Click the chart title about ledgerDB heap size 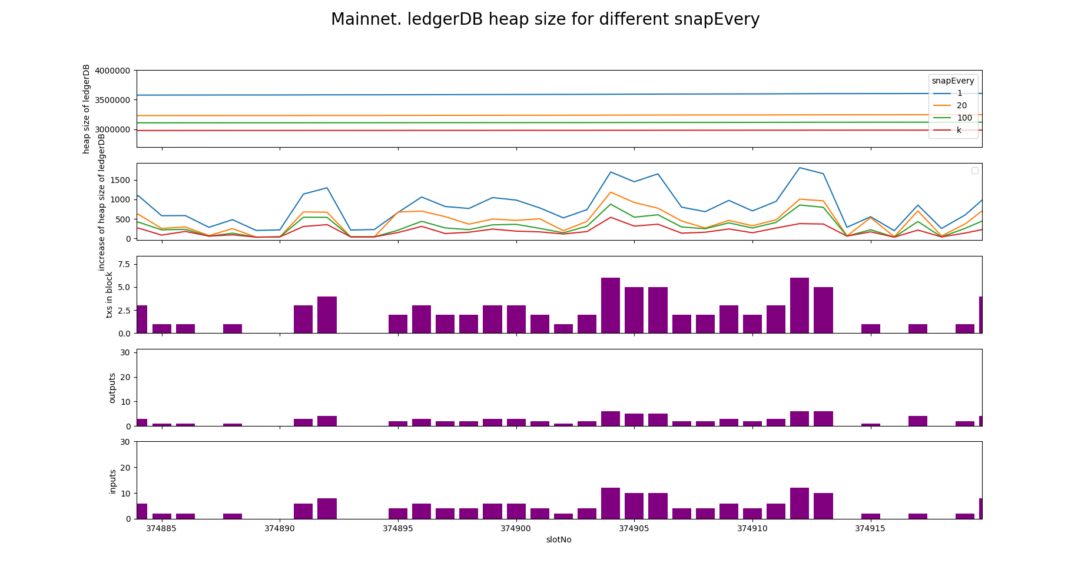[x=545, y=19]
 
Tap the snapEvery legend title [x=953, y=81]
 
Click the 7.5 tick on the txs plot [x=124, y=264]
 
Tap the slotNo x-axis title [x=558, y=539]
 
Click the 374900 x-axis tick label [x=516, y=528]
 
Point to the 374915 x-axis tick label [x=870, y=528]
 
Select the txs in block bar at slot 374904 [x=611, y=305]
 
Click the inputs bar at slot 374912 [x=800, y=504]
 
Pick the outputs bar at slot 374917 [x=918, y=421]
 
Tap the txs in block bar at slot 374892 [x=327, y=315]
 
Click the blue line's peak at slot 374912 [x=800, y=168]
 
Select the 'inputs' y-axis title [x=112, y=481]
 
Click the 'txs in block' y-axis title [x=110, y=294]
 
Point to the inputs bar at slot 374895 [x=398, y=514]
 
